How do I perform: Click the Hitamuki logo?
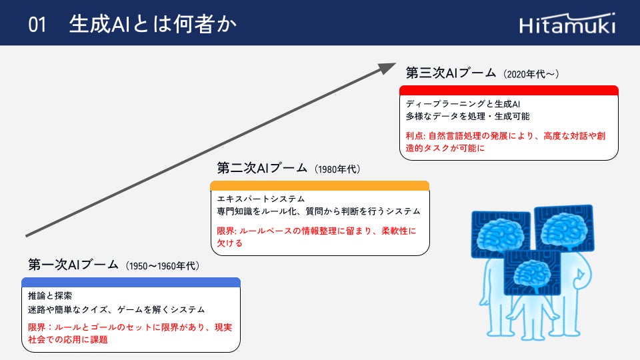pyautogui.click(x=567, y=24)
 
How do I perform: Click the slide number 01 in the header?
pyautogui.click(x=37, y=25)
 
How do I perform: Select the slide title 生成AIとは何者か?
pyautogui.click(x=153, y=25)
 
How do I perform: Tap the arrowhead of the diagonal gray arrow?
pyautogui.click(x=388, y=67)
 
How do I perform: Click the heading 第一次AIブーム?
pyautogui.click(x=73, y=265)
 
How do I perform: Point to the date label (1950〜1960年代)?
pyautogui.click(x=162, y=266)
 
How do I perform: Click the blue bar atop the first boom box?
pyautogui.click(x=131, y=282)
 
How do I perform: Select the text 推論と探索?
pyautogui.click(x=50, y=295)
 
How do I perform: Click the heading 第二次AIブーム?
pyautogui.click(x=263, y=168)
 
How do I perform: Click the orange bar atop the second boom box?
pyautogui.click(x=319, y=186)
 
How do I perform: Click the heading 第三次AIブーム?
pyautogui.click(x=451, y=72)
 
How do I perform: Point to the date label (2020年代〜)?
pyautogui.click(x=531, y=73)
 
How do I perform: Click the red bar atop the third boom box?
pyautogui.click(x=509, y=91)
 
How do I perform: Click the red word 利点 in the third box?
pyautogui.click(x=415, y=136)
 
